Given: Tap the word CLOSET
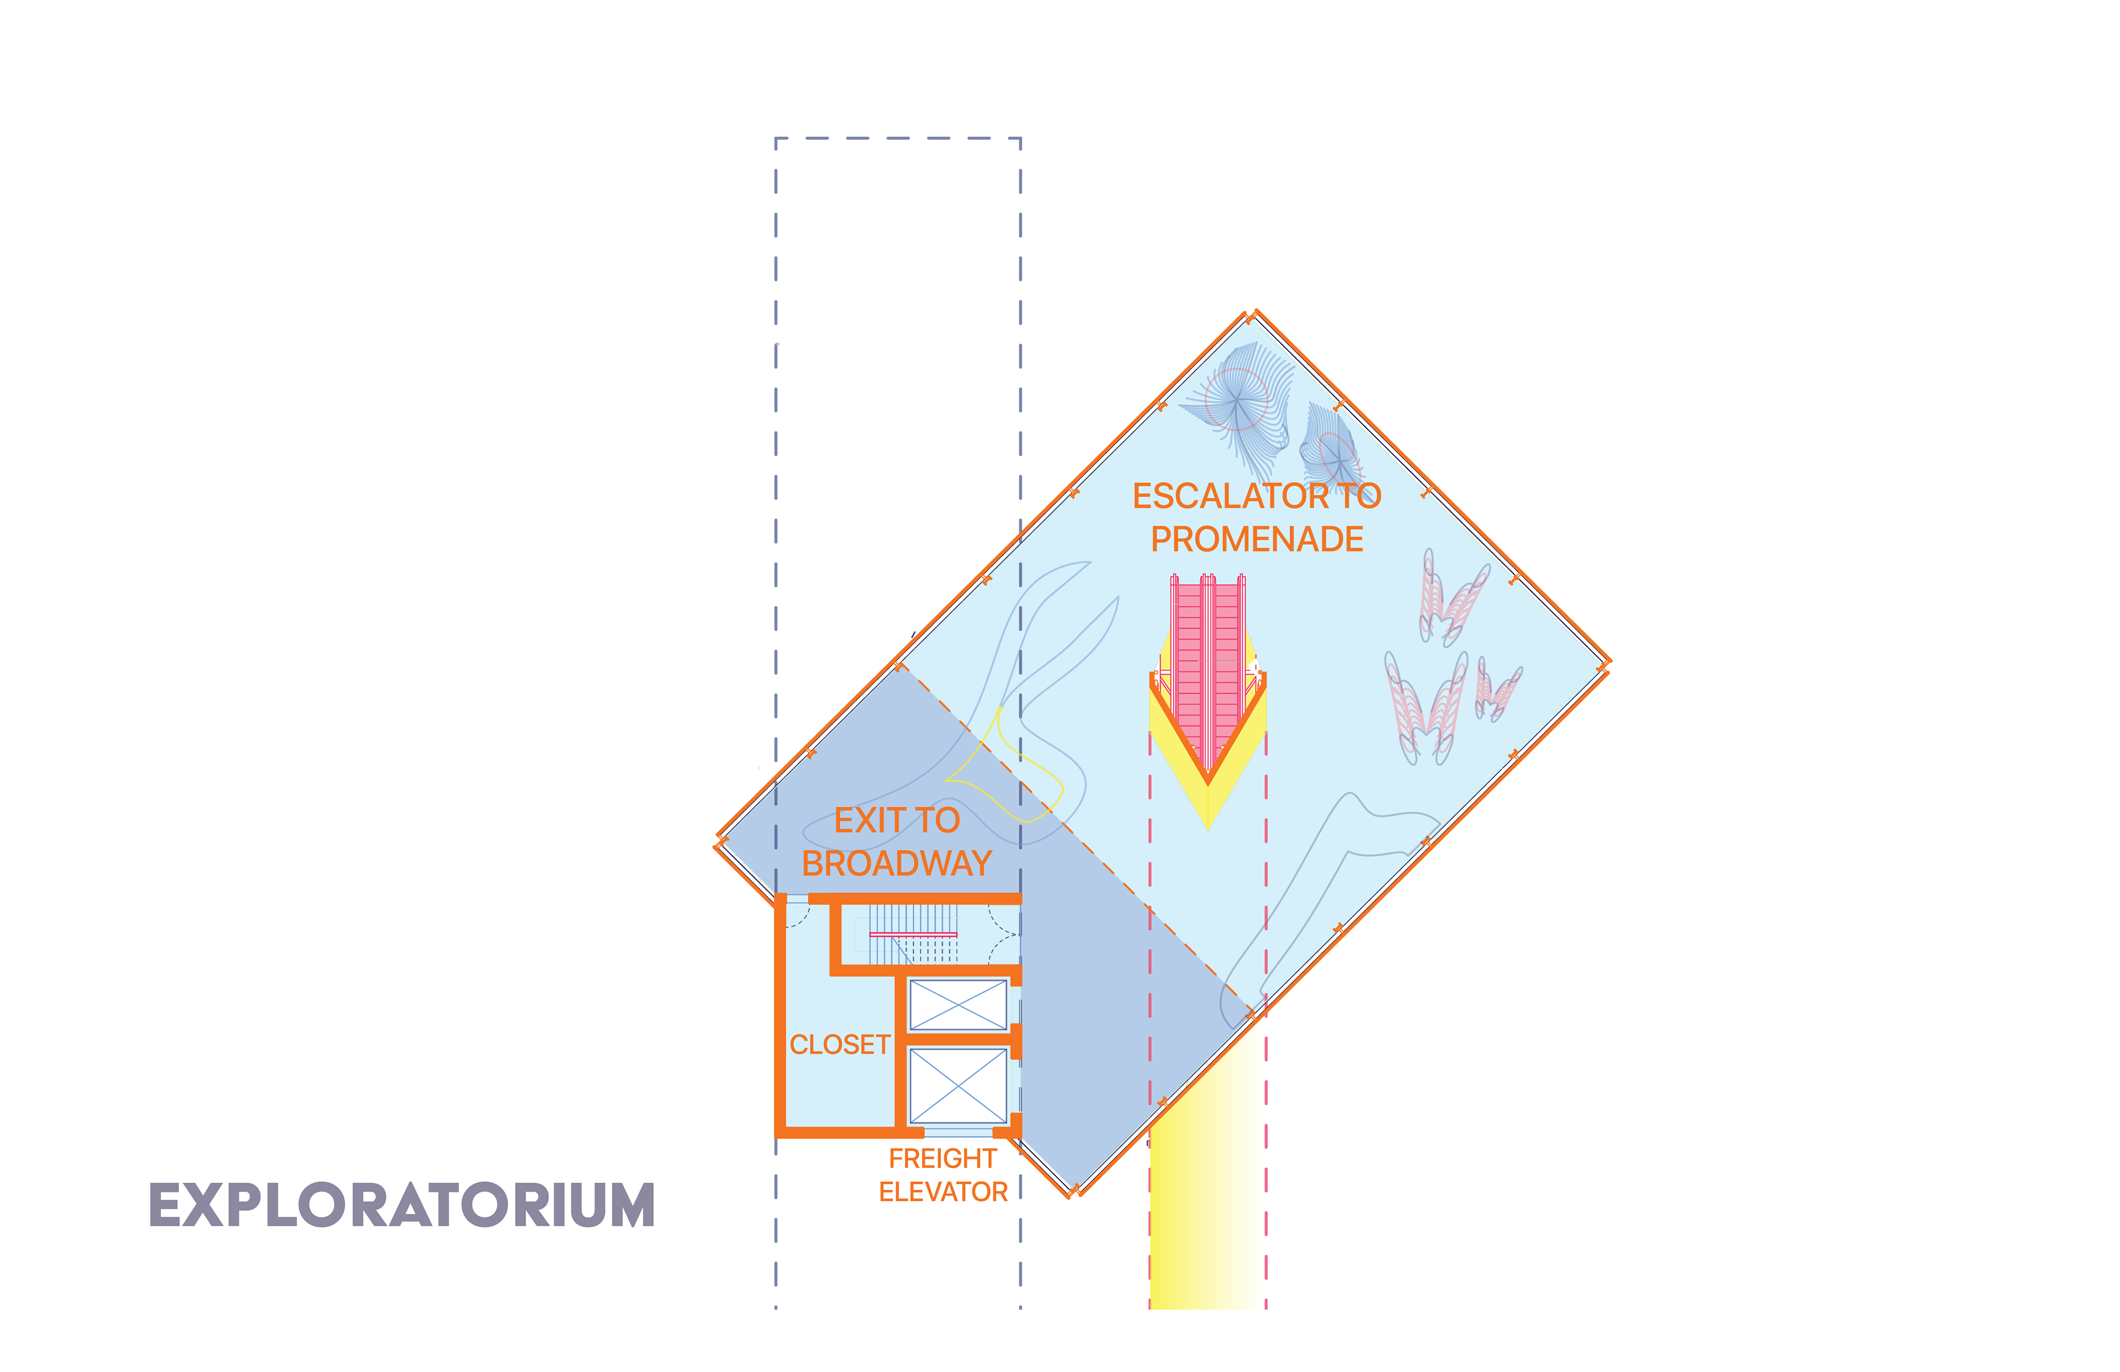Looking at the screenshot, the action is coord(839,1044).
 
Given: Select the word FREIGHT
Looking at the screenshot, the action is coord(942,1158).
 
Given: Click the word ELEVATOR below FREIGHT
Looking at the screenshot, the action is coord(942,1192).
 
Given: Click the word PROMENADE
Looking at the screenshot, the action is coord(1257,539).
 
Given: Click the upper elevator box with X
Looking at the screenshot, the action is coord(957,1004).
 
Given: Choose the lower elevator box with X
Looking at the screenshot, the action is coord(957,1085).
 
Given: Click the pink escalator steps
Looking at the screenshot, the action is coord(1208,659).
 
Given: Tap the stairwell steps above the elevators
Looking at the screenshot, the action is coord(913,934).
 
